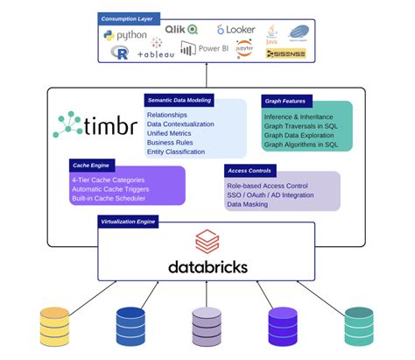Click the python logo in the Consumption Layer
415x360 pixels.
coord(124,35)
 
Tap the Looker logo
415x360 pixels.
coord(236,30)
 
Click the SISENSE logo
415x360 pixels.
coord(285,53)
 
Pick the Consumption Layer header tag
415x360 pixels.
coord(129,18)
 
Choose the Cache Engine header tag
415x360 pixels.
coord(91,164)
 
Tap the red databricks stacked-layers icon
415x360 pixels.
coord(207,240)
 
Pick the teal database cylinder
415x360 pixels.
coord(358,325)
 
